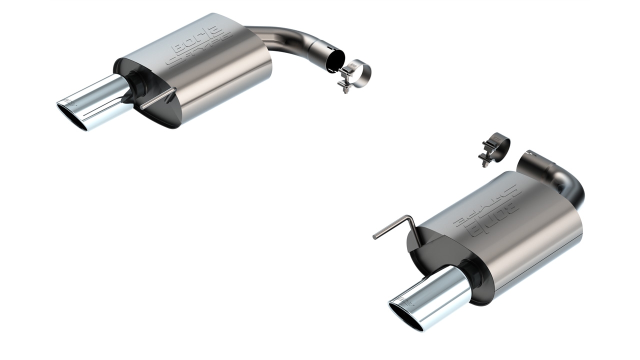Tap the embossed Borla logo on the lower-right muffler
[x=487, y=210]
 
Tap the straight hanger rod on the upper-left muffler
[x=158, y=98]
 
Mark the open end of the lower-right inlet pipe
[x=530, y=160]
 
